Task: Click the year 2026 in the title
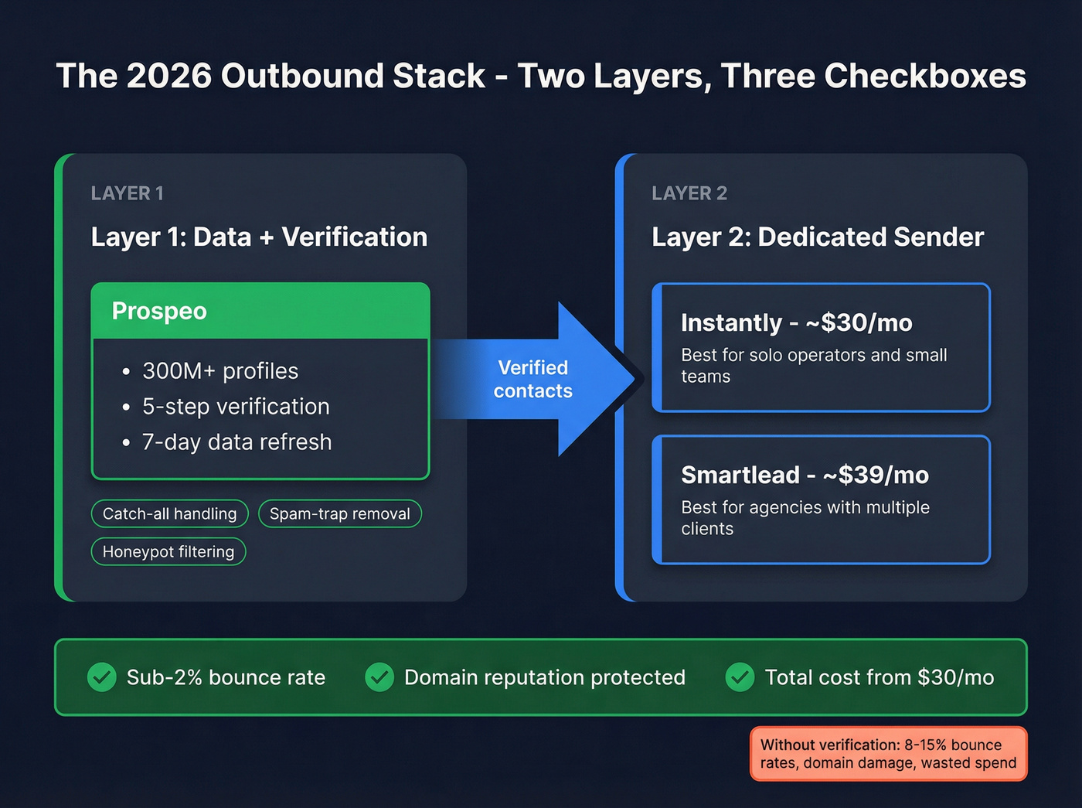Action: pos(168,77)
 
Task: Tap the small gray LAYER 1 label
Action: pos(127,193)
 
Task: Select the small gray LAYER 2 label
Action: pos(689,193)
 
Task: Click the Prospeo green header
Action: pos(260,311)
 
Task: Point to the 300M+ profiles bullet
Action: pos(219,371)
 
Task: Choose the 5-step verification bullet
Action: pos(235,407)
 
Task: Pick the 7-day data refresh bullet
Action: pos(236,442)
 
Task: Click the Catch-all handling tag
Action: pos(169,514)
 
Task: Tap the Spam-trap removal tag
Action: pos(339,514)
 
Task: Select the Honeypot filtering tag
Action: pos(168,552)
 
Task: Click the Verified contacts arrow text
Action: pos(532,379)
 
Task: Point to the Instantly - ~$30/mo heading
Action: pos(796,322)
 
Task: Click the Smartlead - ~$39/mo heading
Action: pos(805,475)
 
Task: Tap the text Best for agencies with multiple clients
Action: pos(805,518)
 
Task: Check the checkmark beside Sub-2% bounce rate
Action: pos(102,677)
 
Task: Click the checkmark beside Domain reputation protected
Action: pos(379,677)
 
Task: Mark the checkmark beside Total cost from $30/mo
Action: pos(740,677)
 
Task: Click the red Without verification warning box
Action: pos(888,754)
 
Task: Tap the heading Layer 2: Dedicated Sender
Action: pos(817,237)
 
